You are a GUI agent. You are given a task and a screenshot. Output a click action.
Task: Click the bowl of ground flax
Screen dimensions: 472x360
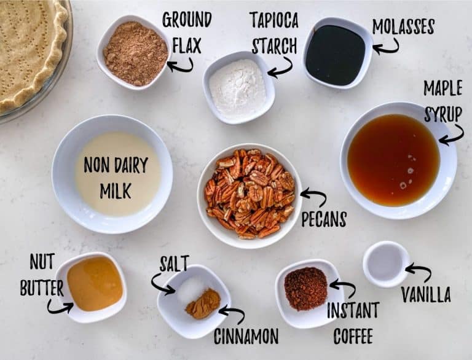pos(134,53)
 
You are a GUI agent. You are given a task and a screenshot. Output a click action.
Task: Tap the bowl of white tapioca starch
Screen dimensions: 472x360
pos(238,87)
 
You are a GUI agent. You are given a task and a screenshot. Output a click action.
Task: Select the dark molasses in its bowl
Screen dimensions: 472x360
pos(335,55)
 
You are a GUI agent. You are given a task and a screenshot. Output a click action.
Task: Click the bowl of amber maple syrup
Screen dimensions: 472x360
pos(398,160)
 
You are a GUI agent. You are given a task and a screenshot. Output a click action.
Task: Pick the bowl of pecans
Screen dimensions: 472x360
pos(250,196)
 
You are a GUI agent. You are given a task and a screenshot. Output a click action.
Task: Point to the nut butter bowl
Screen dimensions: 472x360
pos(92,287)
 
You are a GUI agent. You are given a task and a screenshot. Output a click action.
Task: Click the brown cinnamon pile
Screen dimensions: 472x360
pos(203,303)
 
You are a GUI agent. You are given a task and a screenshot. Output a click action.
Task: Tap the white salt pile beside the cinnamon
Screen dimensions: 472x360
pos(191,289)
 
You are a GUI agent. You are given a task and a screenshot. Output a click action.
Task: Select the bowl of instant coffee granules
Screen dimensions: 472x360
pos(308,293)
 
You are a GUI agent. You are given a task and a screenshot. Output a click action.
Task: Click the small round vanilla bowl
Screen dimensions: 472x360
pos(386,264)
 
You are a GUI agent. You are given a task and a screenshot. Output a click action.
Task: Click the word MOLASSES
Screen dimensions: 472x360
pos(403,26)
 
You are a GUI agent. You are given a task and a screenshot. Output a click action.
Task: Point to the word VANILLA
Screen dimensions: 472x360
pos(426,294)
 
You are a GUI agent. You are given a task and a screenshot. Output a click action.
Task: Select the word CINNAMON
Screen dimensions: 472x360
pos(246,336)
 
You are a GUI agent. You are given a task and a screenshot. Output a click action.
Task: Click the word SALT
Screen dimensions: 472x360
pos(174,264)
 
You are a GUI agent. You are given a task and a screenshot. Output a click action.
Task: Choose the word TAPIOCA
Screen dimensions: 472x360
pos(274,20)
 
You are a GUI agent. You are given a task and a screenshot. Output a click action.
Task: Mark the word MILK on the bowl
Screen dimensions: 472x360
pos(116,190)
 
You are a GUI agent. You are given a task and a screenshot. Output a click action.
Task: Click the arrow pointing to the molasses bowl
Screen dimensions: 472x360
pos(386,47)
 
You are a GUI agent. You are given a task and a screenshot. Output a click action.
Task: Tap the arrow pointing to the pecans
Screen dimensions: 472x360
pos(313,197)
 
